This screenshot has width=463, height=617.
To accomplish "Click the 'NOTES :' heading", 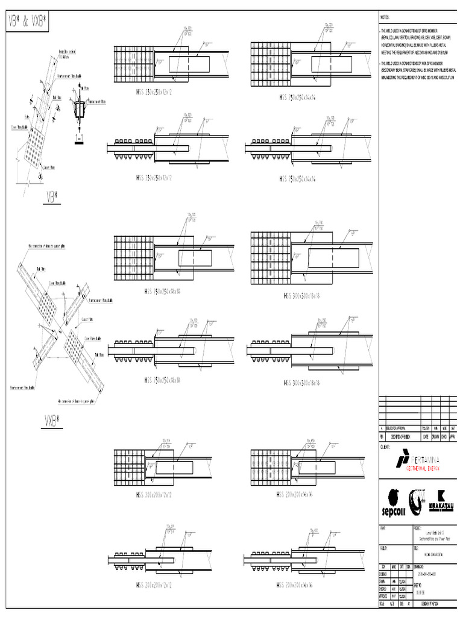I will tap(385, 18).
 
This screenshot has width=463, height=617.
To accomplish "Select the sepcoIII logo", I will tap(394, 503).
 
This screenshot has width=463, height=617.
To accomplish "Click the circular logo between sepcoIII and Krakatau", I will tap(417, 501).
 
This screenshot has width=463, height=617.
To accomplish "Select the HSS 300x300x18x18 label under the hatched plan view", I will tap(301, 296).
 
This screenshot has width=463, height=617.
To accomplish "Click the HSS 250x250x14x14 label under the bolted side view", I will tap(298, 179).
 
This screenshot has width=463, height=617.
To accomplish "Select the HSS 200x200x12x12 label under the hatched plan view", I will tap(154, 495).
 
